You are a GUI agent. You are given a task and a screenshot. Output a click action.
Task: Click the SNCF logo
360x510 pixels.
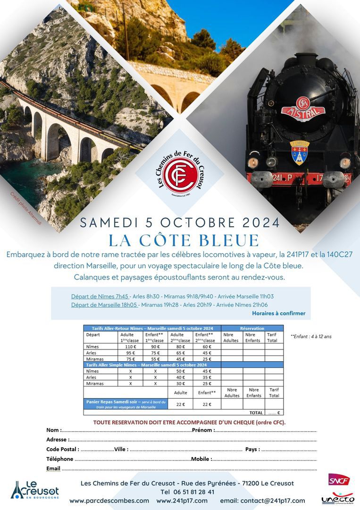point(339,479)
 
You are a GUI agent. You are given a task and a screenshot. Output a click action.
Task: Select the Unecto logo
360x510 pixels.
point(338,498)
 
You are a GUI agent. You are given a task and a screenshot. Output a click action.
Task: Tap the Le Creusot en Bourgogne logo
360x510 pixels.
point(35,490)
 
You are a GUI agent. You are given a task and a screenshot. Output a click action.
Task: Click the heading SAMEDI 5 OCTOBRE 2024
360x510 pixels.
point(180,222)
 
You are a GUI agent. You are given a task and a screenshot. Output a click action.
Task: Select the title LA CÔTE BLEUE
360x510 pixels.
point(184,240)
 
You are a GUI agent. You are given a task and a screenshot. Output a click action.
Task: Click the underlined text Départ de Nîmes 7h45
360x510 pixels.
point(100,297)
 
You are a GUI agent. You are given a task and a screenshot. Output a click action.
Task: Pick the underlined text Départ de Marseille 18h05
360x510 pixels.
point(104,305)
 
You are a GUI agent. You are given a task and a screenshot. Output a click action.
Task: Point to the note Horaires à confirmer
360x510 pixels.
point(278,313)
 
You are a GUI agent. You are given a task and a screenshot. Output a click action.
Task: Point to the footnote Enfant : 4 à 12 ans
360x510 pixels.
point(311,337)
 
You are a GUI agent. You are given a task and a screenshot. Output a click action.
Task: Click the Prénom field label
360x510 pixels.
point(203,430)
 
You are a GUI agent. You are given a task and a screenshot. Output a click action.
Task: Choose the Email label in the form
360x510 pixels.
point(53,468)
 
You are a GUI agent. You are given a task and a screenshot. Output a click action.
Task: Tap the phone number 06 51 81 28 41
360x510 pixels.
point(187,492)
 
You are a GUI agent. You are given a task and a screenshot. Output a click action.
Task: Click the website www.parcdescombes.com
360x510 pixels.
point(109,501)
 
